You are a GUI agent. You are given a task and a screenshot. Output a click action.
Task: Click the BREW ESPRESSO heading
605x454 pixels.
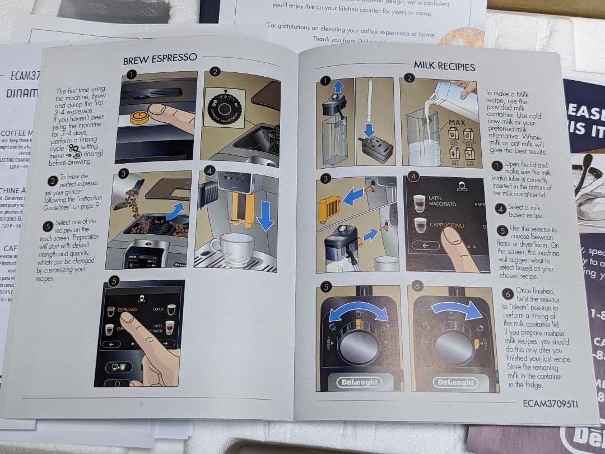(x=160, y=58)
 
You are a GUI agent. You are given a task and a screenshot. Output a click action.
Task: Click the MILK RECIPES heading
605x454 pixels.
(x=444, y=66)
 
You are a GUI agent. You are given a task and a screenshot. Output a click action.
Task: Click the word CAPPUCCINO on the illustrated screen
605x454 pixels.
(x=446, y=225)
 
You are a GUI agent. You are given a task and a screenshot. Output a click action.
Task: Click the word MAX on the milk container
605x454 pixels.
(x=457, y=122)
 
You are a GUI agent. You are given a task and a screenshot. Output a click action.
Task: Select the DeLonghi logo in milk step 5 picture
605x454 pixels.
(x=358, y=382)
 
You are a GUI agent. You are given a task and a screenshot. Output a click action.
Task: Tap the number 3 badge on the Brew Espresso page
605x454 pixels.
(x=124, y=174)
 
